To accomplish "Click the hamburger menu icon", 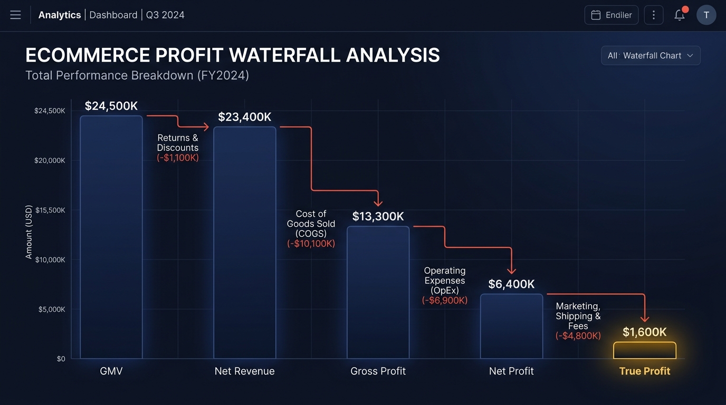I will (x=15, y=15).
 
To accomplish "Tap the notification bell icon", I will (x=680, y=15).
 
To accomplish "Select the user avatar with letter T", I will (x=706, y=15).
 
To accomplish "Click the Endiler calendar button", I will (x=611, y=15).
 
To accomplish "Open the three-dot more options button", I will (x=654, y=15).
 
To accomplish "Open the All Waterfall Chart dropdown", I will (x=651, y=55).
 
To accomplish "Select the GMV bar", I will (x=111, y=237).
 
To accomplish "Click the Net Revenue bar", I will (x=245, y=243).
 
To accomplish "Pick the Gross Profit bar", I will (x=378, y=293).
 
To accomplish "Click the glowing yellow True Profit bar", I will (x=644, y=351).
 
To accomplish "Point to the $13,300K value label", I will (x=378, y=216).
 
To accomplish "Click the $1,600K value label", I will (x=644, y=332).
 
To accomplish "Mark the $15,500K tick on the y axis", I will (x=50, y=210).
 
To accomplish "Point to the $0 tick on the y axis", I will (x=61, y=359).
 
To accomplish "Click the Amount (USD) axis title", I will (x=29, y=232).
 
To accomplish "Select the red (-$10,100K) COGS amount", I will (x=311, y=244).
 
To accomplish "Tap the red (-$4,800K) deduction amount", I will (x=578, y=336).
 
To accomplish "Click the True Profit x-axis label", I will (x=644, y=371).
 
